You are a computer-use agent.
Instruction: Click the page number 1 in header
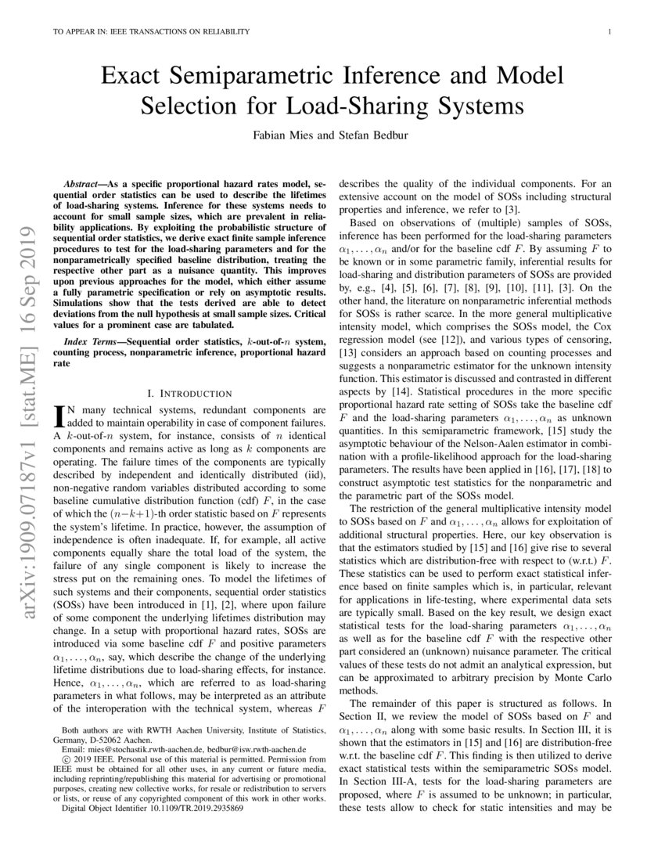click(609, 31)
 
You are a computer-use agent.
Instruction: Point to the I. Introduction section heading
click(189, 392)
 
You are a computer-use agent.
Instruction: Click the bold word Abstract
click(84, 181)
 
